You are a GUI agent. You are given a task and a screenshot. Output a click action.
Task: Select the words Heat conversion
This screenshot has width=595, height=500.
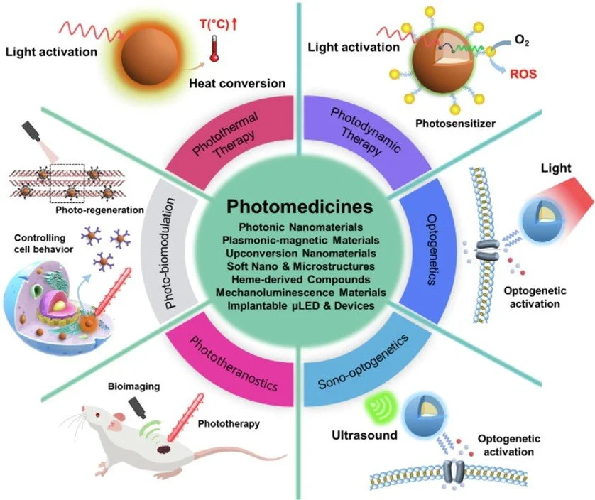236,83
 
